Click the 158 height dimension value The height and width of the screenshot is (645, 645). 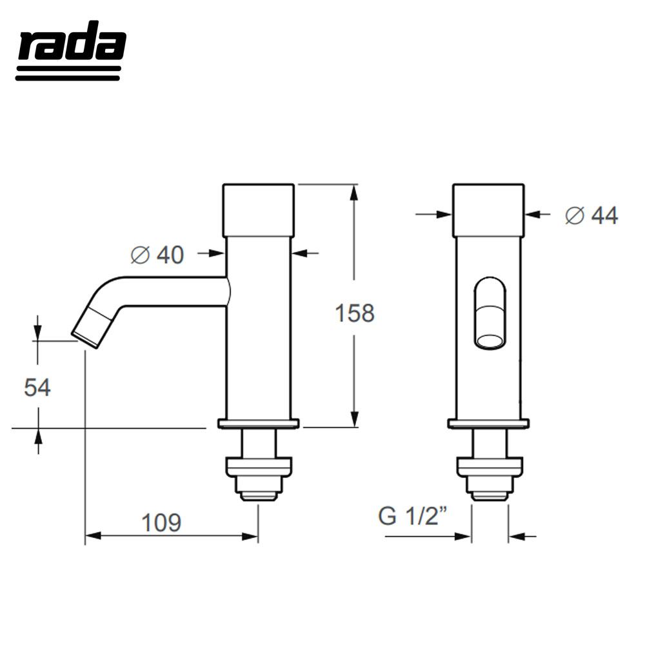(354, 313)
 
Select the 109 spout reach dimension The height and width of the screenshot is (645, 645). (161, 522)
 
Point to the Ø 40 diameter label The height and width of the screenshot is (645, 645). (157, 255)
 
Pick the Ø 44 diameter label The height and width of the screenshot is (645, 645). (591, 216)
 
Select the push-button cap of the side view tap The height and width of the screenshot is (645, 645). (258, 210)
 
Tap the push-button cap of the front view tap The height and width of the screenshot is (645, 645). (488, 210)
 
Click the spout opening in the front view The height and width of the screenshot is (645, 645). (490, 341)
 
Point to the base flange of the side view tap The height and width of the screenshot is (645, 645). (258, 424)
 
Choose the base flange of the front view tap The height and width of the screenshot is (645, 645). (488, 424)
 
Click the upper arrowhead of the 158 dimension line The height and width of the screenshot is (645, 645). (354, 192)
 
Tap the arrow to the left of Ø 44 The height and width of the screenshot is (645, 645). (442, 214)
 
